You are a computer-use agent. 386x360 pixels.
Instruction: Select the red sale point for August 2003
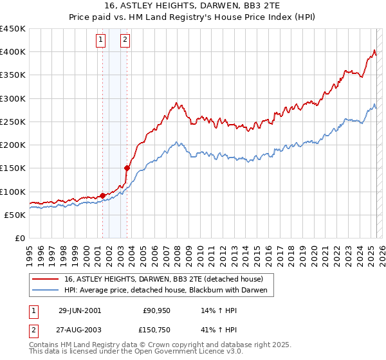tap(127, 168)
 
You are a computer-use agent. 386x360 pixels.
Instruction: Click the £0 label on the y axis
tap(19, 238)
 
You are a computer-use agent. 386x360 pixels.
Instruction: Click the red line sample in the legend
tap(46, 279)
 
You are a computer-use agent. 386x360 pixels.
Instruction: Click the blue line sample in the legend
tap(46, 290)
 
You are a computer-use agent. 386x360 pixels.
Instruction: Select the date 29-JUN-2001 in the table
tap(80, 310)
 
